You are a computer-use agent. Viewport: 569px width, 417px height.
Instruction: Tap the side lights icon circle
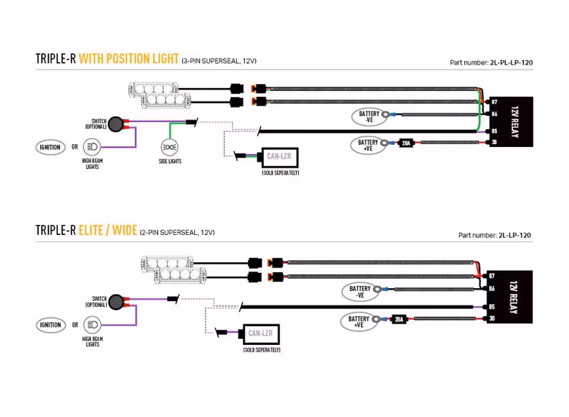point(170,146)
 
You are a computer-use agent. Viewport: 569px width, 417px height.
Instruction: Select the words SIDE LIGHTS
point(170,161)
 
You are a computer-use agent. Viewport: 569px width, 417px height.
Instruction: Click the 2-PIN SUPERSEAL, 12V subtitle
point(177,233)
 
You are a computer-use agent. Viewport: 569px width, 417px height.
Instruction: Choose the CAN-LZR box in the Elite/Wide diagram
point(260,333)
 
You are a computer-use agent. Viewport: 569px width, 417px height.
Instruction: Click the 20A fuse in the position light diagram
point(406,143)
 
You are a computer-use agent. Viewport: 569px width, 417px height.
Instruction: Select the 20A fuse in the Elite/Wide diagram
point(398,319)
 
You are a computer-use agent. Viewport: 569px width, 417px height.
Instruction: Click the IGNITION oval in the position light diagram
point(51,147)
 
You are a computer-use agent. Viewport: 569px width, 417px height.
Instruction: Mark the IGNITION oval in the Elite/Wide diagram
point(51,325)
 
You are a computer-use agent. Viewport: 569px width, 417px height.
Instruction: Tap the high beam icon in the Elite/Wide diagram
point(92,325)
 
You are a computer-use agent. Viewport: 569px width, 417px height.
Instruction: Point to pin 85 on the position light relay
point(494,130)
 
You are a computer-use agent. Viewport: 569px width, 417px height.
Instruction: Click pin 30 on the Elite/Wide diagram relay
point(492,319)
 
